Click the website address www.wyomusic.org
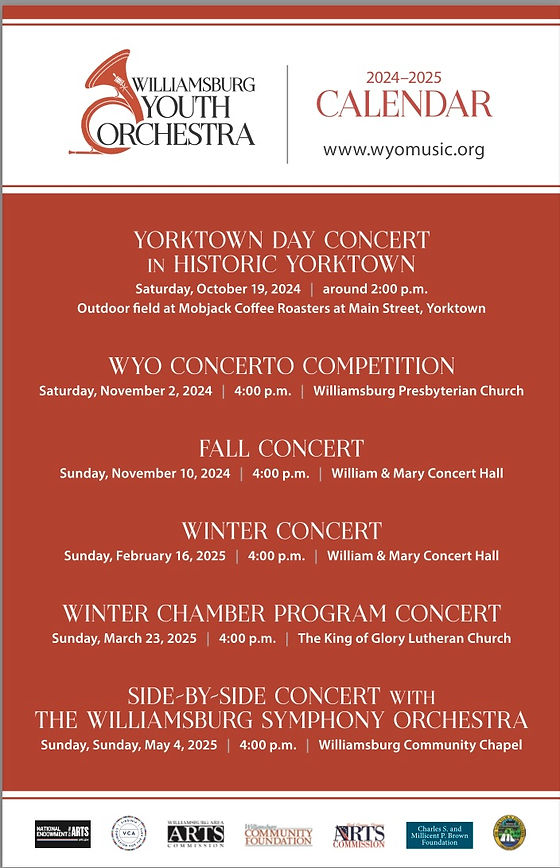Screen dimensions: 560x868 [403, 150]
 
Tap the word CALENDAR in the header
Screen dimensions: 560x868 [404, 104]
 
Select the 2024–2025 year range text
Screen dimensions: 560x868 [403, 77]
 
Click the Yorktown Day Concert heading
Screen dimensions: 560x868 [281, 240]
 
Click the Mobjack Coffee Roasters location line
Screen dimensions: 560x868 [281, 308]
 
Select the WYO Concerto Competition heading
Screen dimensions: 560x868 [281, 365]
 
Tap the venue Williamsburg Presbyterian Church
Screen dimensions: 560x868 [418, 391]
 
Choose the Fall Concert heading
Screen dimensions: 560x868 [281, 448]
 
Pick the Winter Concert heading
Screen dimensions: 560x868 [281, 530]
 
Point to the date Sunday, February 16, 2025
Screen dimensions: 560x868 [147, 555]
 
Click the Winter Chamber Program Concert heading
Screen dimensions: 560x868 [281, 612]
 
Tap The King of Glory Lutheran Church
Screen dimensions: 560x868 [404, 638]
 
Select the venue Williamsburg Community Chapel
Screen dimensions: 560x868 [420, 745]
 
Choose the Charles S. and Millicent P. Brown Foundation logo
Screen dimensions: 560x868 [439, 833]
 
